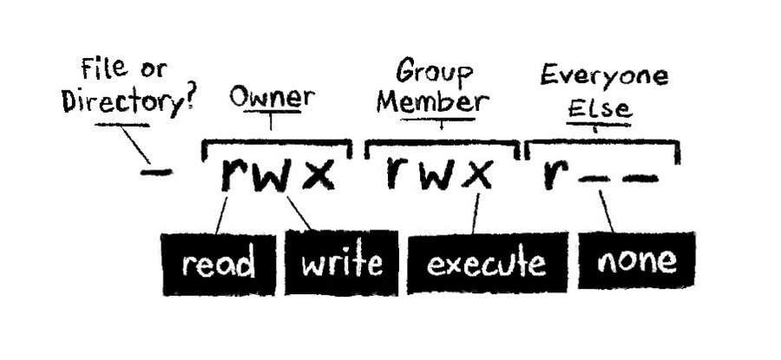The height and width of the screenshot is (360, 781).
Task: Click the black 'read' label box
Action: [218, 263]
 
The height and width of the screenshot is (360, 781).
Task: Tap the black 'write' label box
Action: [341, 262]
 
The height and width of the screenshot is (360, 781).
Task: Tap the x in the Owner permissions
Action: [320, 176]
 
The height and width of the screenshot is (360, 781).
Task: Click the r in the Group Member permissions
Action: [397, 174]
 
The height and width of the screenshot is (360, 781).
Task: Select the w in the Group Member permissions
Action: [438, 176]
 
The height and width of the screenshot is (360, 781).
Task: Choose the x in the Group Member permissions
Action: [478, 176]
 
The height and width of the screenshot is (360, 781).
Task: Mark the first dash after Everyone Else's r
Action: [594, 179]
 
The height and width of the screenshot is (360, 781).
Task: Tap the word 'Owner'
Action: [271, 98]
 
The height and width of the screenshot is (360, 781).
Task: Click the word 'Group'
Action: [431, 70]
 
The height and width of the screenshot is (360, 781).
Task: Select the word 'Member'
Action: [431, 102]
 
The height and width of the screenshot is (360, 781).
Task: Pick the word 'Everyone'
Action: [604, 75]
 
